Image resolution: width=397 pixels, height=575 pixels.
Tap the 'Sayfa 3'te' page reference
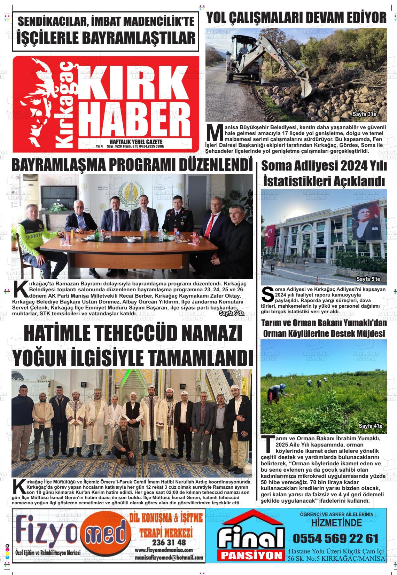(x=364, y=114)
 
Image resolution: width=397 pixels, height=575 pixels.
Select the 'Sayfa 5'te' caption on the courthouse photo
(x=368, y=279)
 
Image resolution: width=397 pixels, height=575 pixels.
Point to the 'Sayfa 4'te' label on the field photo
(x=371, y=426)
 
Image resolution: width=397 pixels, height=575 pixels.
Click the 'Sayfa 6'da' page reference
(x=232, y=314)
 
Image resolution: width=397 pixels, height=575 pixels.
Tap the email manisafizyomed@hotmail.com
(x=169, y=558)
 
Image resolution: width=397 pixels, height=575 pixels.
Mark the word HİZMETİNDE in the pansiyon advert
(x=336, y=523)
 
